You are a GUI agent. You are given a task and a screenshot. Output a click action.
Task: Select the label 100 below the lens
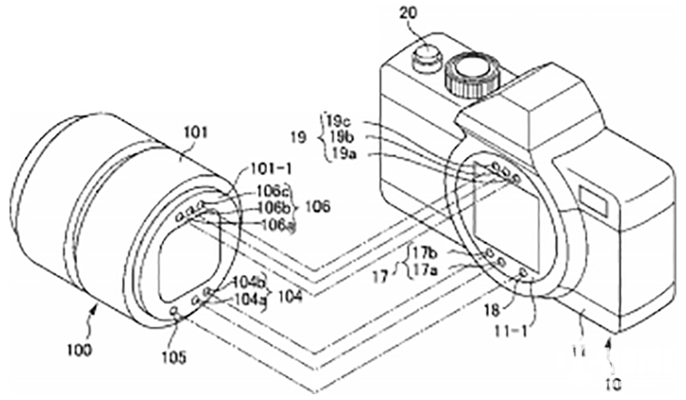pos(81,350)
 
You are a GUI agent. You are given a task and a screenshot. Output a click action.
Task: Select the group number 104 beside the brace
pos(290,295)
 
